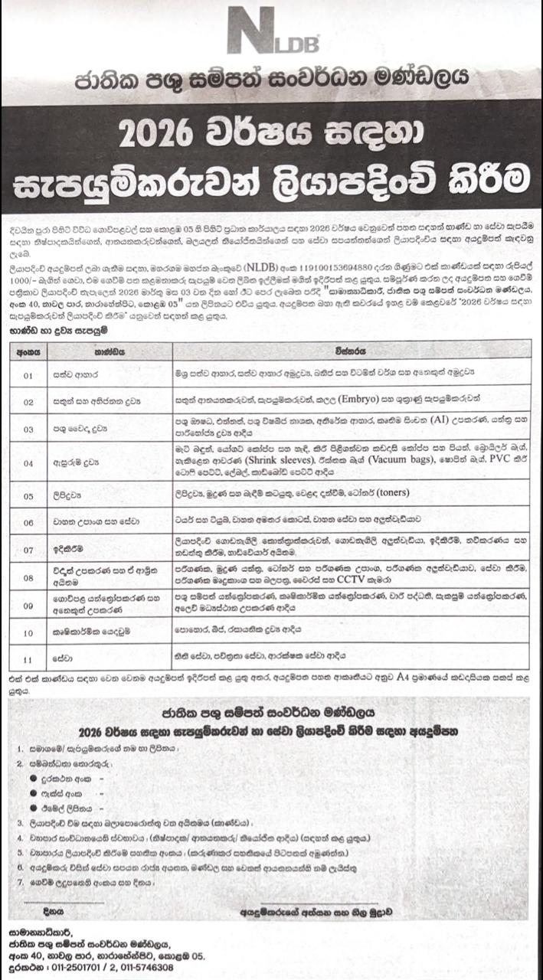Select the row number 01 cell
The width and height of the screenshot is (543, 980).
pos(28,376)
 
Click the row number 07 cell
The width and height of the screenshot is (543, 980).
pos(28,550)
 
